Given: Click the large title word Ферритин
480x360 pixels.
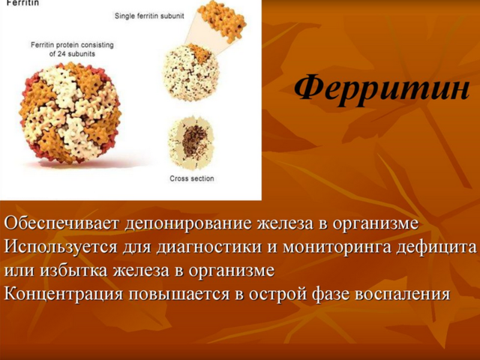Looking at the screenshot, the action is pos(382,90).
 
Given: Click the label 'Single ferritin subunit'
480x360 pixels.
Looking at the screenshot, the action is pos(149,16).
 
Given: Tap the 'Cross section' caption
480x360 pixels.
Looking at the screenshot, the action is pos(192,178).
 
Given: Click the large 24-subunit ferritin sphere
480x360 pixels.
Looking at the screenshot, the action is pos(70,113).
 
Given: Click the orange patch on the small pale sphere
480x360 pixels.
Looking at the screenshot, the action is pos(199,53).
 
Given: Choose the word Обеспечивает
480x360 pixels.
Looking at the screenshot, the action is pos(61,223).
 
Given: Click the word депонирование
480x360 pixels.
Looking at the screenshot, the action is pos(188,224).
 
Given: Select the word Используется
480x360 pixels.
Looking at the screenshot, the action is pos(61,247).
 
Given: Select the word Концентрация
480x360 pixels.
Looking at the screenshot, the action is pos(64,294).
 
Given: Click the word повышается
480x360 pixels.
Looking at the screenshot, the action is pos(179,294).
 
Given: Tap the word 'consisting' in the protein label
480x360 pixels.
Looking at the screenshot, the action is pos(98,45).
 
